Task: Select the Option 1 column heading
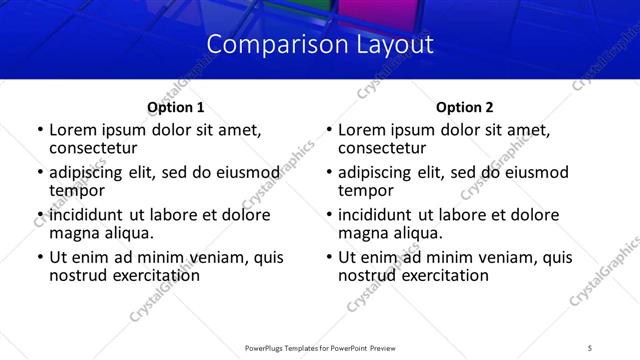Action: click(175, 107)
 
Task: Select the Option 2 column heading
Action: click(465, 107)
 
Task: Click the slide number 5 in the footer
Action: click(591, 347)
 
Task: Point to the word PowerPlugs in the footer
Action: click(267, 347)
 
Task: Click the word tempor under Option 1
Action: click(77, 190)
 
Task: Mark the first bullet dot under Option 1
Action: click(39, 131)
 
